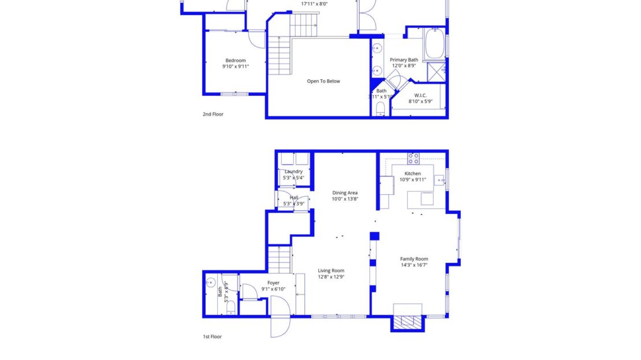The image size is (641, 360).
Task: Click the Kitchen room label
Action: click(412, 173)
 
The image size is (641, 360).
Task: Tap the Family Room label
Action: click(414, 259)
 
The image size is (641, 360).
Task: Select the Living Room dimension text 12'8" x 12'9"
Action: click(331, 277)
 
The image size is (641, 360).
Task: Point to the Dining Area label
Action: click(345, 193)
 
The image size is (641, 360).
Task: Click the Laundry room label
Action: click(293, 172)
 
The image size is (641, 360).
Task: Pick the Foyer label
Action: click(273, 283)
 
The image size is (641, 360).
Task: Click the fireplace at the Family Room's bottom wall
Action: click(408, 322)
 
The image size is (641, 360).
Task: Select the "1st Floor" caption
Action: click(212, 336)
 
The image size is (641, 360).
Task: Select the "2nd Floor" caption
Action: click(213, 114)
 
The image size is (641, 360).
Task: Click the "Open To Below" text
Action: click(323, 81)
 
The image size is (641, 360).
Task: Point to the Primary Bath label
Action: click(404, 60)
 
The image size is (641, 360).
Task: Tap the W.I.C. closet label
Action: click(420, 95)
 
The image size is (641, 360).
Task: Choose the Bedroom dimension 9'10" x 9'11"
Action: click(236, 66)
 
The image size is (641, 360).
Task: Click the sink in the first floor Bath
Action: click(211, 283)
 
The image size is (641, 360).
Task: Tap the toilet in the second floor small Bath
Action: click(381, 109)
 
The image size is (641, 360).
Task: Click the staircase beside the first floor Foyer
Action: click(279, 259)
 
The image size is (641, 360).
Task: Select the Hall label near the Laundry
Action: click(294, 198)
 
